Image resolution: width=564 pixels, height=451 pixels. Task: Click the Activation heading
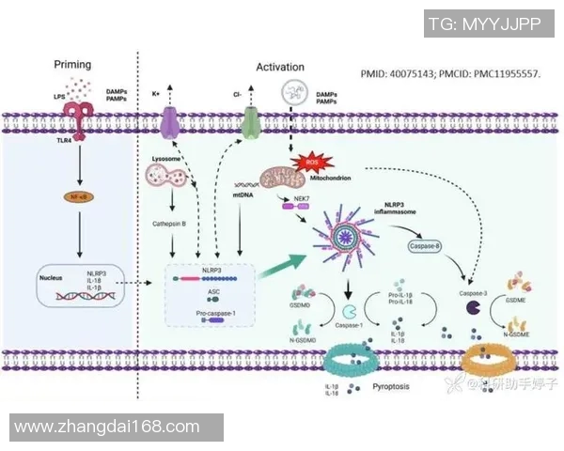coord(280,67)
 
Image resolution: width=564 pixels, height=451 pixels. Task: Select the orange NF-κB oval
coord(72,197)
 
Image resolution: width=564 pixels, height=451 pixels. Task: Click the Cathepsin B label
coord(171,225)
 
